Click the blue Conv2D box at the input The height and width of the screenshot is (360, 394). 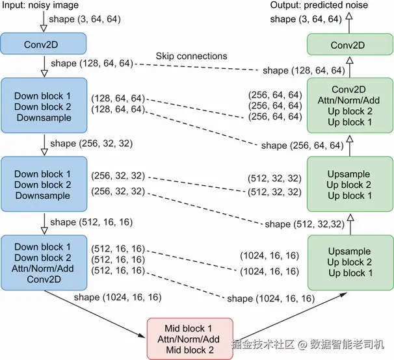(x=43, y=44)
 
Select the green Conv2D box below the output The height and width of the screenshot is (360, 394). (x=350, y=44)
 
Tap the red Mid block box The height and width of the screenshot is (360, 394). (x=190, y=339)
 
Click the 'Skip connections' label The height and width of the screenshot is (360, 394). (x=191, y=56)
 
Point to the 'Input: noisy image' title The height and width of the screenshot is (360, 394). (x=40, y=5)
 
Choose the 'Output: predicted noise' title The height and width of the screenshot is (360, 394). (x=319, y=5)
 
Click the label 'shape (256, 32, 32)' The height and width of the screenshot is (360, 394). (x=92, y=144)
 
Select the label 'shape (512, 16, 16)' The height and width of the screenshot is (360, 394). (x=92, y=222)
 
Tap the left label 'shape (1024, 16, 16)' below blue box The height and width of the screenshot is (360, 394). (x=118, y=297)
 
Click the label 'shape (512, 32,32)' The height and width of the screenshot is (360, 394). (x=304, y=224)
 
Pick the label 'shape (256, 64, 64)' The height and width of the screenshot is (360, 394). (x=302, y=146)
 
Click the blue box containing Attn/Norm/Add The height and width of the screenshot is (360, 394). (x=44, y=263)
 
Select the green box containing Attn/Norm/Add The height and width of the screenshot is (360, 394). (x=350, y=105)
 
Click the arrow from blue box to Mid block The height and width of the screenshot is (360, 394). (x=95, y=314)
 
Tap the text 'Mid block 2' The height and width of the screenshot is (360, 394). (x=190, y=350)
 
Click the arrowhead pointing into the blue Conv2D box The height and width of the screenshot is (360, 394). (x=44, y=29)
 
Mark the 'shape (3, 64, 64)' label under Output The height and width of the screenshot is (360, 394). (x=306, y=19)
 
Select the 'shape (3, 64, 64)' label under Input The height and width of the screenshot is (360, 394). (x=85, y=19)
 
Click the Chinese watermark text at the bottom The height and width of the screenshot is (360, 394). (x=308, y=344)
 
